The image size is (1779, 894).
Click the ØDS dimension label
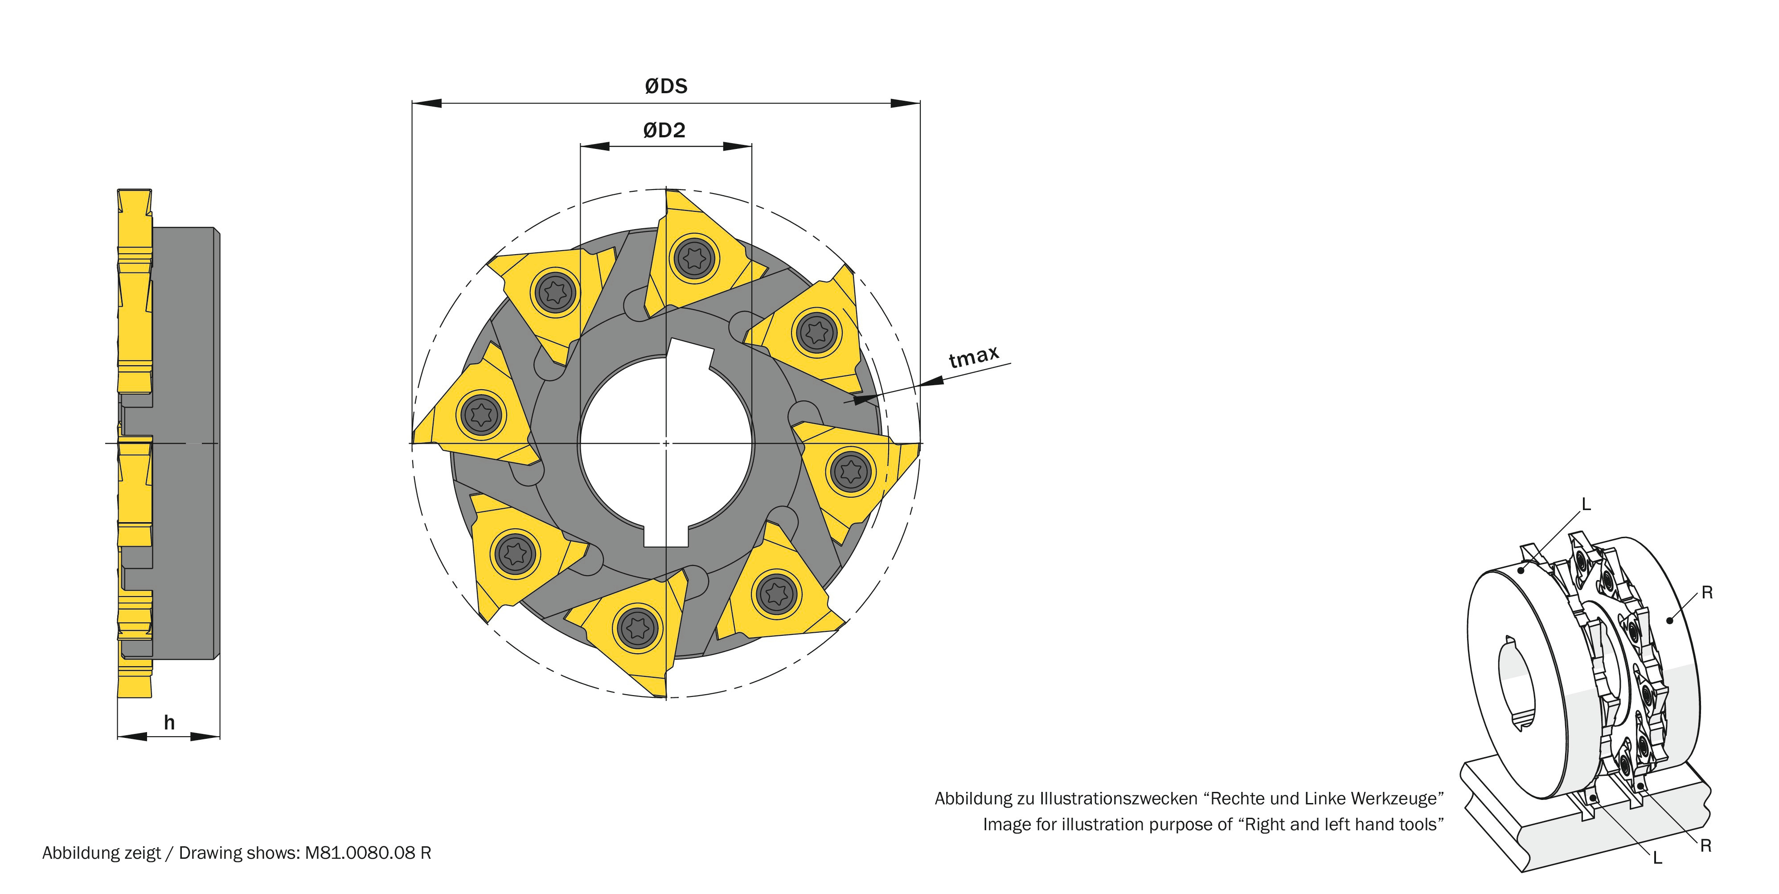[666, 87]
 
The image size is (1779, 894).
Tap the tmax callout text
[974, 357]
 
